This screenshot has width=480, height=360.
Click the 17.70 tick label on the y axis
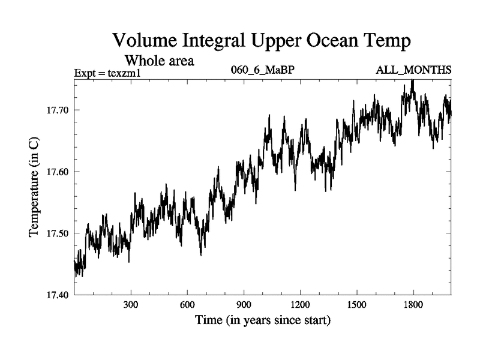pyautogui.click(x=58, y=110)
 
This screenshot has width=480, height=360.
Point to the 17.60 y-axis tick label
pyautogui.click(x=58, y=172)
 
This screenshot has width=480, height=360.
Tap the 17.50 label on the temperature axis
pyautogui.click(x=58, y=233)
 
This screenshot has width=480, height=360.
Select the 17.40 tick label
pyautogui.click(x=58, y=295)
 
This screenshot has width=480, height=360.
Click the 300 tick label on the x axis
pyautogui.click(x=131, y=305)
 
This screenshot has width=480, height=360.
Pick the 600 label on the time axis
pyautogui.click(x=187, y=305)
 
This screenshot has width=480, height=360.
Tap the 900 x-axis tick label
pyautogui.click(x=244, y=305)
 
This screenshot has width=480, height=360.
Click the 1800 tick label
pyautogui.click(x=413, y=305)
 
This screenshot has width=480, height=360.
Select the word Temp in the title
pyautogui.click(x=388, y=42)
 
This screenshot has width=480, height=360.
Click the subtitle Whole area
pyautogui.click(x=159, y=61)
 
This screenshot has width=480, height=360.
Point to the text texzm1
pyautogui.click(x=133, y=73)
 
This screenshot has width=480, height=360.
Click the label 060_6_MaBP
pyautogui.click(x=262, y=70)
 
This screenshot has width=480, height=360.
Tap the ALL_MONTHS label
pyautogui.click(x=413, y=70)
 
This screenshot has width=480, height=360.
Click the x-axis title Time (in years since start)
pyautogui.click(x=262, y=321)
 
